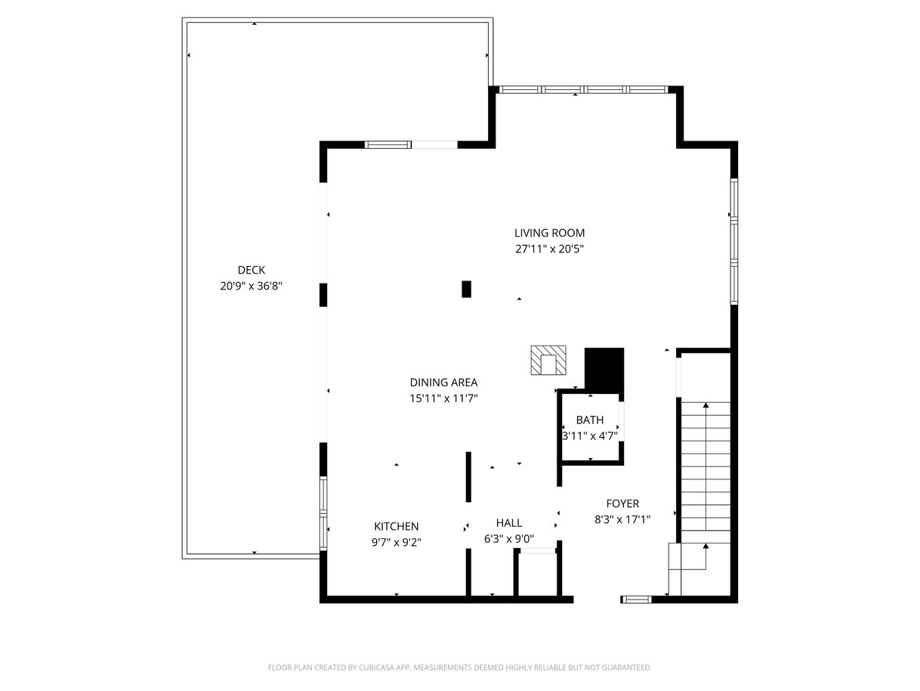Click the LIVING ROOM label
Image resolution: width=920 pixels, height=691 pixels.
[549, 233]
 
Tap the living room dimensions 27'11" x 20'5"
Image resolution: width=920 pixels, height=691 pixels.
[549, 249]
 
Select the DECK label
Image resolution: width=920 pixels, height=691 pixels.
[251, 270]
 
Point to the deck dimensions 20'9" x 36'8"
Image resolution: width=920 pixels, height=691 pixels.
[251, 286]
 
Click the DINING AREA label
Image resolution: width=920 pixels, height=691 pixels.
[443, 383]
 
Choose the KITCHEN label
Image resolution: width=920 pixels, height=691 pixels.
[396, 526]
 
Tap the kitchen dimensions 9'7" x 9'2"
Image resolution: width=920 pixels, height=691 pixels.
[396, 543]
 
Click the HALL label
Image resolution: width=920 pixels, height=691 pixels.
[509, 522]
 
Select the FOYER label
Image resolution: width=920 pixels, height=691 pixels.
[622, 504]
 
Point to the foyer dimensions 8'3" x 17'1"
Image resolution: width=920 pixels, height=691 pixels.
[622, 520]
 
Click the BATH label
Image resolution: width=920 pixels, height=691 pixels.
[590, 420]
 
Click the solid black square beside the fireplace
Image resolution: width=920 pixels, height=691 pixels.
[604, 368]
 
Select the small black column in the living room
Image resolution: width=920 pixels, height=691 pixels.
[466, 289]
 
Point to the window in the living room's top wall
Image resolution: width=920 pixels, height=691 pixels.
[583, 89]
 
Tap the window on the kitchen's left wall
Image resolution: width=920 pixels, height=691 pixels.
[323, 513]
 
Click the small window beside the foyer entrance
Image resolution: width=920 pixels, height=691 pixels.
[636, 600]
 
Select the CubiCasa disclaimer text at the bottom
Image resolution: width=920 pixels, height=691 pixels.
[460, 667]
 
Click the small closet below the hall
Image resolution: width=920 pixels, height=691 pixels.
[537, 574]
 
